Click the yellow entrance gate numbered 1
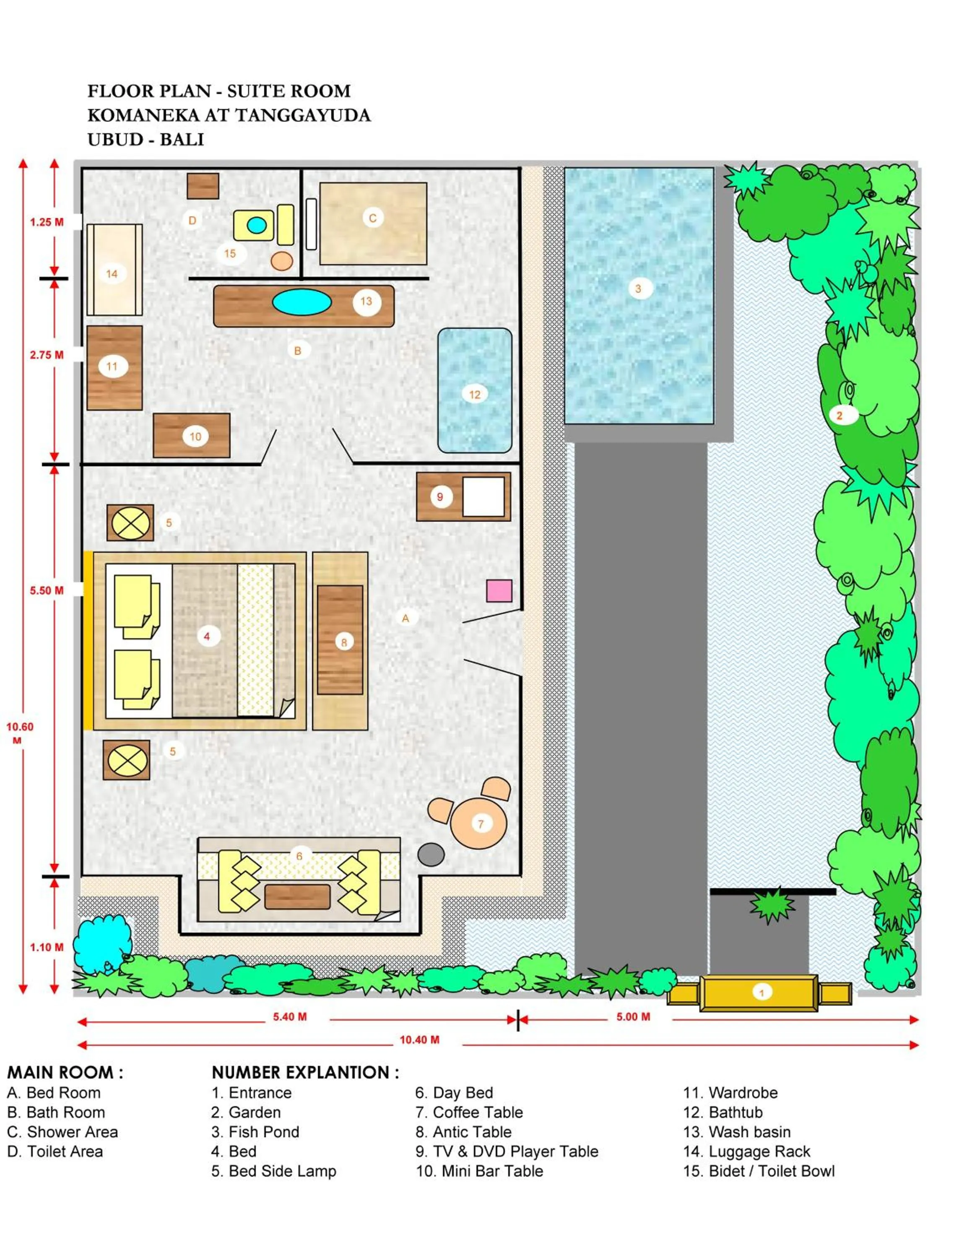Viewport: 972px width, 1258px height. point(759,993)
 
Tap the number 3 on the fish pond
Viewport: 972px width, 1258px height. point(637,289)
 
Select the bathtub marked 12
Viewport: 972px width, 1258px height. point(475,390)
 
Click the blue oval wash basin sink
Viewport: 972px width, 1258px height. point(302,302)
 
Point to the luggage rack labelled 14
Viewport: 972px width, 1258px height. point(114,270)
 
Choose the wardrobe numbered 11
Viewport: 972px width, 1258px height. point(114,367)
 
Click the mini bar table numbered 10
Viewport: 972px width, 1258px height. point(192,435)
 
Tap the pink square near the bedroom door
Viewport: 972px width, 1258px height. point(499,590)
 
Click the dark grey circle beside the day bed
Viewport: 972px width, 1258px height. point(431,854)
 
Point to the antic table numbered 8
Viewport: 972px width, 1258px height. point(340,640)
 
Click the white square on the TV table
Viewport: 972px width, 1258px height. point(483,496)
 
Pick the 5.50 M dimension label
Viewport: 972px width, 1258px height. point(47,590)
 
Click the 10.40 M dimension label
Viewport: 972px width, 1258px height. point(419,1040)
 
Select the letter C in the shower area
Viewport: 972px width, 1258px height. point(372,218)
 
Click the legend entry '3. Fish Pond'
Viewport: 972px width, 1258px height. point(255,1132)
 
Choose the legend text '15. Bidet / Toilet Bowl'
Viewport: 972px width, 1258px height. point(759,1171)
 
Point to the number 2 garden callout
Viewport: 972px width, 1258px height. point(839,415)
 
